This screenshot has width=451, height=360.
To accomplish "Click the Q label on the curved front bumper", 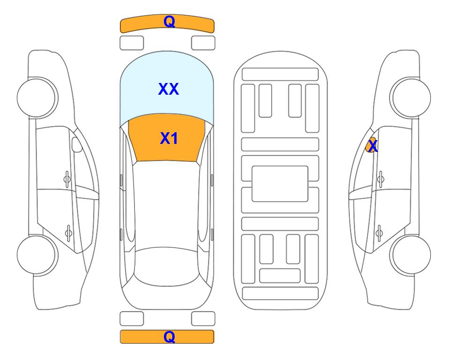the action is pyautogui.click(x=169, y=22).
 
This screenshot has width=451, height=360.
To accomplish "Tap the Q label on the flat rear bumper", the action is pyautogui.click(x=169, y=337).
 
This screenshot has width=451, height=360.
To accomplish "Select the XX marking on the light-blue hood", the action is pyautogui.click(x=169, y=89).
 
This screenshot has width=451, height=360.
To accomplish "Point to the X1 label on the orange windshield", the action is pyautogui.click(x=169, y=138).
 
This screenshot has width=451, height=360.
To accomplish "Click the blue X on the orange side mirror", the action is pyautogui.click(x=373, y=146).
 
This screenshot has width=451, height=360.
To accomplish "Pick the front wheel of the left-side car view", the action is pyautogui.click(x=37, y=97).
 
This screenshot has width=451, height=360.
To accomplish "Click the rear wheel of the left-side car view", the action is pyautogui.click(x=37, y=255).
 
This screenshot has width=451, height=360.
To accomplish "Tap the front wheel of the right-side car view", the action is pyautogui.click(x=410, y=97).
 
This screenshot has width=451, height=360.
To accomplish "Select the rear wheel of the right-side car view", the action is pyautogui.click(x=410, y=255).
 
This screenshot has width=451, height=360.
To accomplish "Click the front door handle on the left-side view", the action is pyautogui.click(x=67, y=179).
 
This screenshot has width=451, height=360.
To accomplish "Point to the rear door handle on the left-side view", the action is pyautogui.click(x=68, y=232).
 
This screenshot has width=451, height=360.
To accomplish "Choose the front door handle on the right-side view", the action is pyautogui.click(x=381, y=179).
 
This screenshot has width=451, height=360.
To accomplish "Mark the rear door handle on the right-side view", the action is pyautogui.click(x=379, y=232).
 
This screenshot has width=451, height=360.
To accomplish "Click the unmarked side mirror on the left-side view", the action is pyautogui.click(x=77, y=144).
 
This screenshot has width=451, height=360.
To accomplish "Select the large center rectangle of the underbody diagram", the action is pyautogui.click(x=280, y=184).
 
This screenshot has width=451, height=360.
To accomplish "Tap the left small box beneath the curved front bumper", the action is pyautogui.click(x=132, y=43).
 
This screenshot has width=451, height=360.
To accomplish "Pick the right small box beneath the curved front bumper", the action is pyautogui.click(x=203, y=43).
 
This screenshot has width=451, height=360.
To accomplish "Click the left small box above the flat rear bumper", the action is pyautogui.click(x=132, y=319).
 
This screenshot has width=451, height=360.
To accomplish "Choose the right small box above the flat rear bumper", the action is pyautogui.click(x=203, y=319).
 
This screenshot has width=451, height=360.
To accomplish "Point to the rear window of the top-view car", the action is pyautogui.click(x=167, y=266).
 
